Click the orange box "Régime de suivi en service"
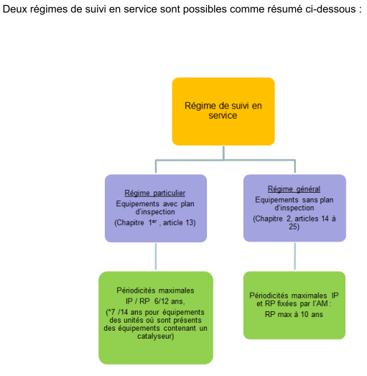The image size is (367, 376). coord(223,111)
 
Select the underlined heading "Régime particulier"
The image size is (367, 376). coord(154,193)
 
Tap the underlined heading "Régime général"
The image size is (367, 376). coord(294,189)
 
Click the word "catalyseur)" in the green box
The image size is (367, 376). coord(155,336)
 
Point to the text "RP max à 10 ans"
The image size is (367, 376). coord(294,314)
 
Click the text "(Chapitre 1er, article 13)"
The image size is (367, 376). coord(155,223)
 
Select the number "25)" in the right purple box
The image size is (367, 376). coord(294,226)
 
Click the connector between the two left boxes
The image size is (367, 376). coord(156,257)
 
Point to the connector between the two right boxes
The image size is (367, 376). coord(294,256)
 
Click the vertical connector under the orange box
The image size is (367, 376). coord(223,152)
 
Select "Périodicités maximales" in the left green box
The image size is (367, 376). coord(155,290)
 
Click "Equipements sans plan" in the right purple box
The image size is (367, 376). coord(294,200)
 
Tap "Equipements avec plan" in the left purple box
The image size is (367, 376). coord(155,203)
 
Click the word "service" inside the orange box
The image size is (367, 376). coord(223,116)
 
